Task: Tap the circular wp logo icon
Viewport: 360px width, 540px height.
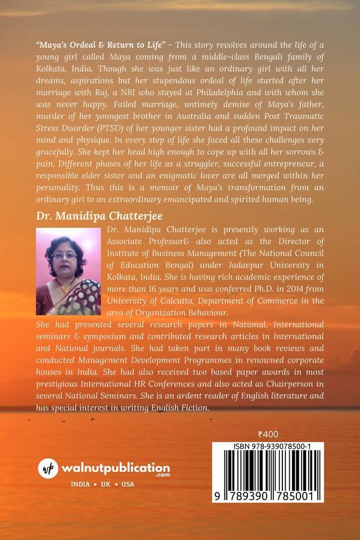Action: click(48, 469)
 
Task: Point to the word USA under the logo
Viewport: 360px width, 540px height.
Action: click(128, 485)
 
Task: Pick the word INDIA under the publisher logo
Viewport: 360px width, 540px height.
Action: click(80, 485)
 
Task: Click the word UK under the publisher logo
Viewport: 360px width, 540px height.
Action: click(105, 485)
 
